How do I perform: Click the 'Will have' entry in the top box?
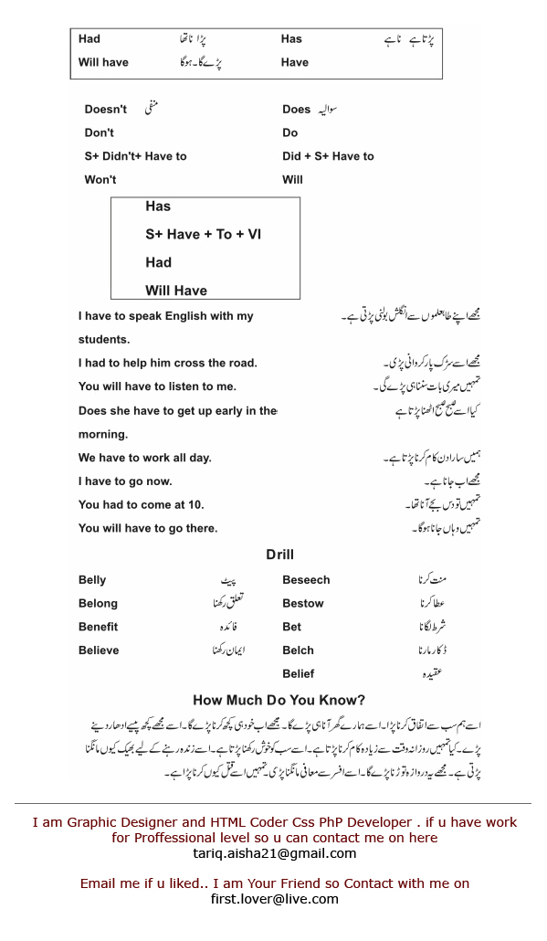103,62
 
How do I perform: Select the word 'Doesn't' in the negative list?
106,110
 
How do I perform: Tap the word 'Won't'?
100,180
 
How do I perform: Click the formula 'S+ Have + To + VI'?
203,235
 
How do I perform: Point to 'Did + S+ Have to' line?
328,156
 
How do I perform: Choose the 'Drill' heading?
280,555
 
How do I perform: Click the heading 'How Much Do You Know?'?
279,701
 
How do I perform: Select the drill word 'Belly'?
92,580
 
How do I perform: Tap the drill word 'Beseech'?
306,580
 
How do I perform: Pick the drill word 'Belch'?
298,650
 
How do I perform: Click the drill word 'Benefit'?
98,627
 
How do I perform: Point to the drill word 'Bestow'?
303,603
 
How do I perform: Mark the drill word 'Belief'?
299,674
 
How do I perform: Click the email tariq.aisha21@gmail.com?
274,853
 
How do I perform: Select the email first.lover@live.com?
274,899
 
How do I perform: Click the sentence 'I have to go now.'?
125,481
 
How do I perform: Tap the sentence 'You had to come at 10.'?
141,504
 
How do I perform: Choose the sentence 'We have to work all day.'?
144,458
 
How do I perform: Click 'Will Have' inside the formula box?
176,291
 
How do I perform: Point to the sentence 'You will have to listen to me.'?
157,386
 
